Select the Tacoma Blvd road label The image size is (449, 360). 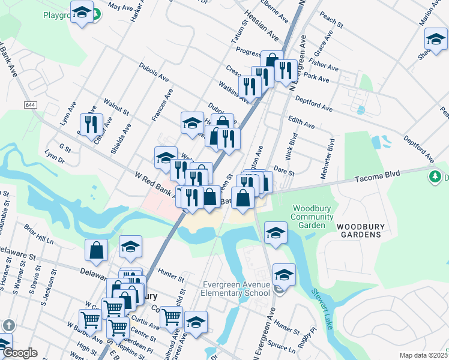click(377, 179)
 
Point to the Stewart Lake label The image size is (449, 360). click(325, 306)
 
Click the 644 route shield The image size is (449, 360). click(30, 105)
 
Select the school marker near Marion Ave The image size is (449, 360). click(436, 40)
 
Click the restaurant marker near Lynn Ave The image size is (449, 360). click(91, 124)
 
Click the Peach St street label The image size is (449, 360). click(331, 22)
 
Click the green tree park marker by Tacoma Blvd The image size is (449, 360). click(434, 177)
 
